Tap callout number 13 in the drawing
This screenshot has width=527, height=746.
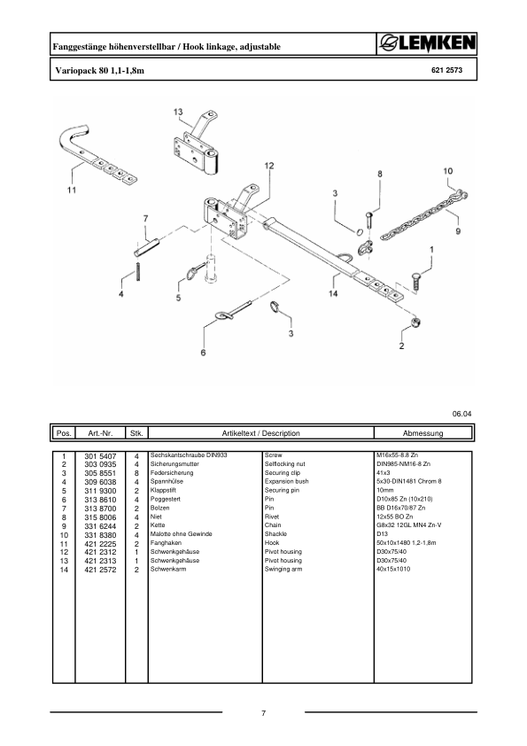pyautogui.click(x=178, y=113)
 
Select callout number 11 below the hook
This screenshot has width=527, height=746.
pyautogui.click(x=72, y=190)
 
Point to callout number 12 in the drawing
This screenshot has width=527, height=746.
pyautogui.click(x=268, y=166)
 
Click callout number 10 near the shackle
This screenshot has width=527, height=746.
pyautogui.click(x=448, y=171)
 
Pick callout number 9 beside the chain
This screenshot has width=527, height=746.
pyautogui.click(x=458, y=231)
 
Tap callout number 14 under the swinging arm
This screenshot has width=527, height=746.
pyautogui.click(x=334, y=292)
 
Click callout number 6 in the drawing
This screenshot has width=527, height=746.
pyautogui.click(x=203, y=353)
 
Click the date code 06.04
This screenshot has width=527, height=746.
pyautogui.click(x=461, y=414)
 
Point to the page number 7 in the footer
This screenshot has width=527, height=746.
pyautogui.click(x=264, y=713)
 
